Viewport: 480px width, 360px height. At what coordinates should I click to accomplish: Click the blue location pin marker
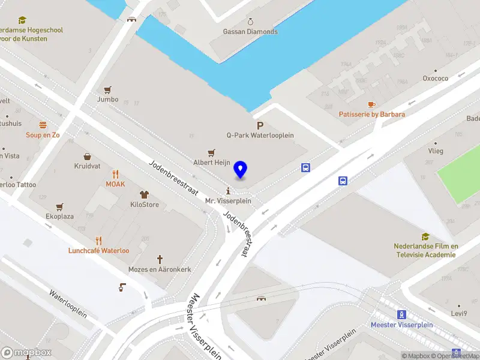(x=241, y=170)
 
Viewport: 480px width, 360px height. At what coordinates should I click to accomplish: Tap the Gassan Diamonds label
(x=250, y=32)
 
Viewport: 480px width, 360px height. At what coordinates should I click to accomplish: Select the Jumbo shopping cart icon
(x=108, y=89)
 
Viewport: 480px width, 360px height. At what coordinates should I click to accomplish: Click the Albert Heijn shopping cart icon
(x=211, y=153)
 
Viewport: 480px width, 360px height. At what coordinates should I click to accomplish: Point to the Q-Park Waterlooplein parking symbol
(x=260, y=125)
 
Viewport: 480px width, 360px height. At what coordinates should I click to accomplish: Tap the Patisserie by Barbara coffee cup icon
(x=371, y=104)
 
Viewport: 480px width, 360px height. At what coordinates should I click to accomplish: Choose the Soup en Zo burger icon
(x=43, y=125)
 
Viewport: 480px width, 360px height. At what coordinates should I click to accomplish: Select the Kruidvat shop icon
(x=87, y=156)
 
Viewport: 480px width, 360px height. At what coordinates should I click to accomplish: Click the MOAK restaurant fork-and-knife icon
(x=115, y=175)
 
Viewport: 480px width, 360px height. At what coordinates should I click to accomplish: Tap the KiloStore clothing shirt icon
(x=144, y=194)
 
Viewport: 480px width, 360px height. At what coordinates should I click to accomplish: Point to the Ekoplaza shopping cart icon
(x=59, y=206)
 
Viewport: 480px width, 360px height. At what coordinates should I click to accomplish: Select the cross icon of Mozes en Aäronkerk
(x=160, y=260)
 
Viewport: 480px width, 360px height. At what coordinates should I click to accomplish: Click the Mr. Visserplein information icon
(x=228, y=191)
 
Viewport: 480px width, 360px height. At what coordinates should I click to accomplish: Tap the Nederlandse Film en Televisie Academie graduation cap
(x=425, y=236)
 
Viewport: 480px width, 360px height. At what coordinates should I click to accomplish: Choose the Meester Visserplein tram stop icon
(x=401, y=314)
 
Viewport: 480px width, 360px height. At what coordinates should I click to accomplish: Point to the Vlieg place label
(x=436, y=151)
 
